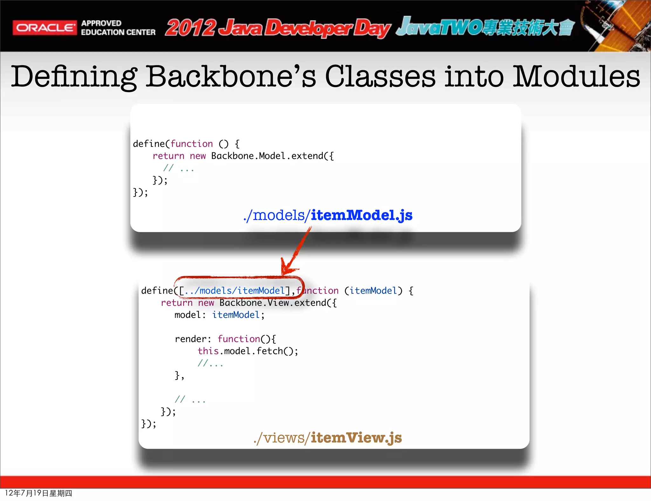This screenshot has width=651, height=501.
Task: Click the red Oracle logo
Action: (45, 28)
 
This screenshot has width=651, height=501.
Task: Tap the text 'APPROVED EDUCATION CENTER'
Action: (118, 28)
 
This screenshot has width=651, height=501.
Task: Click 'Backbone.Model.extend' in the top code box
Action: (272, 156)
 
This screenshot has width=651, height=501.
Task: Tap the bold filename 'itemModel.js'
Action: (361, 215)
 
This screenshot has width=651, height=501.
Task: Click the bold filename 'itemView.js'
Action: (356, 438)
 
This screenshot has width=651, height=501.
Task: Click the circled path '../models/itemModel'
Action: (235, 291)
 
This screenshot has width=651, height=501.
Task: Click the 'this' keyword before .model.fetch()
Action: (208, 351)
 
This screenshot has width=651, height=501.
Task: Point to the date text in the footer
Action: (38, 493)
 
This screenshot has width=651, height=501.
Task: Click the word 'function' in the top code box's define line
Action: (192, 144)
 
